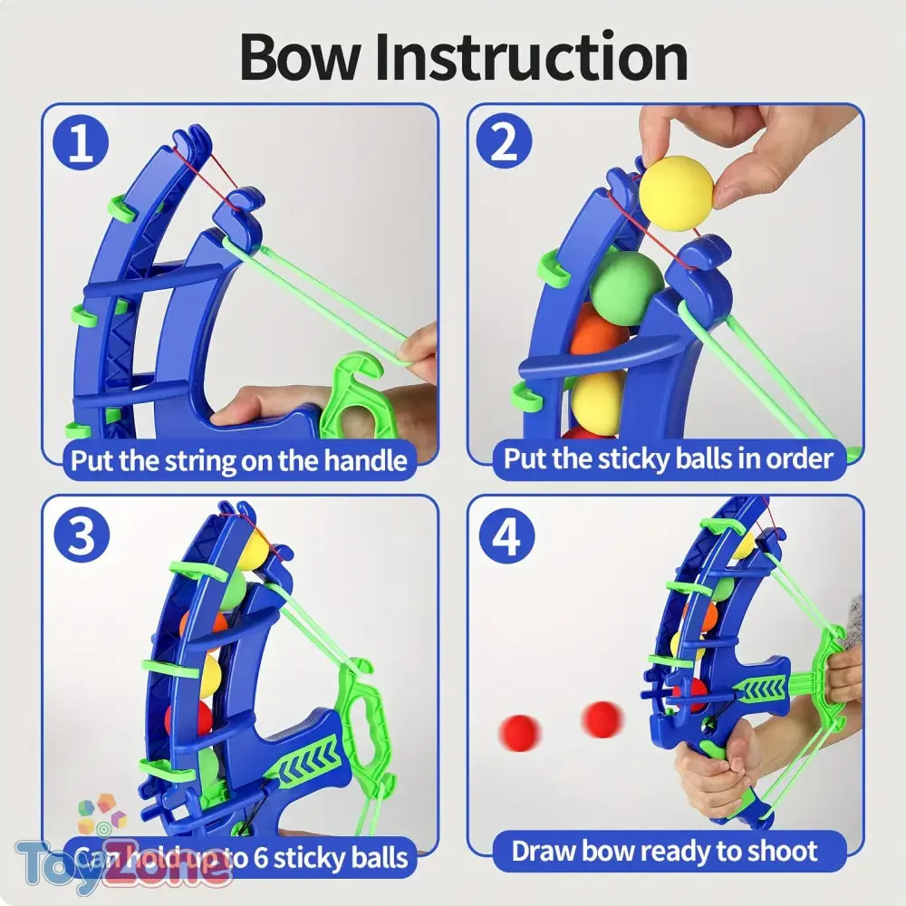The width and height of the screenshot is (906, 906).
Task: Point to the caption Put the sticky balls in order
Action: click(x=668, y=458)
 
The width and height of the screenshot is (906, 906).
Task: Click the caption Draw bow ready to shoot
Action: click(x=664, y=852)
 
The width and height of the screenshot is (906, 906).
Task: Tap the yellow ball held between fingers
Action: click(x=676, y=192)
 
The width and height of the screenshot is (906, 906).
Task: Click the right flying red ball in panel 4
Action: click(x=602, y=718)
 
